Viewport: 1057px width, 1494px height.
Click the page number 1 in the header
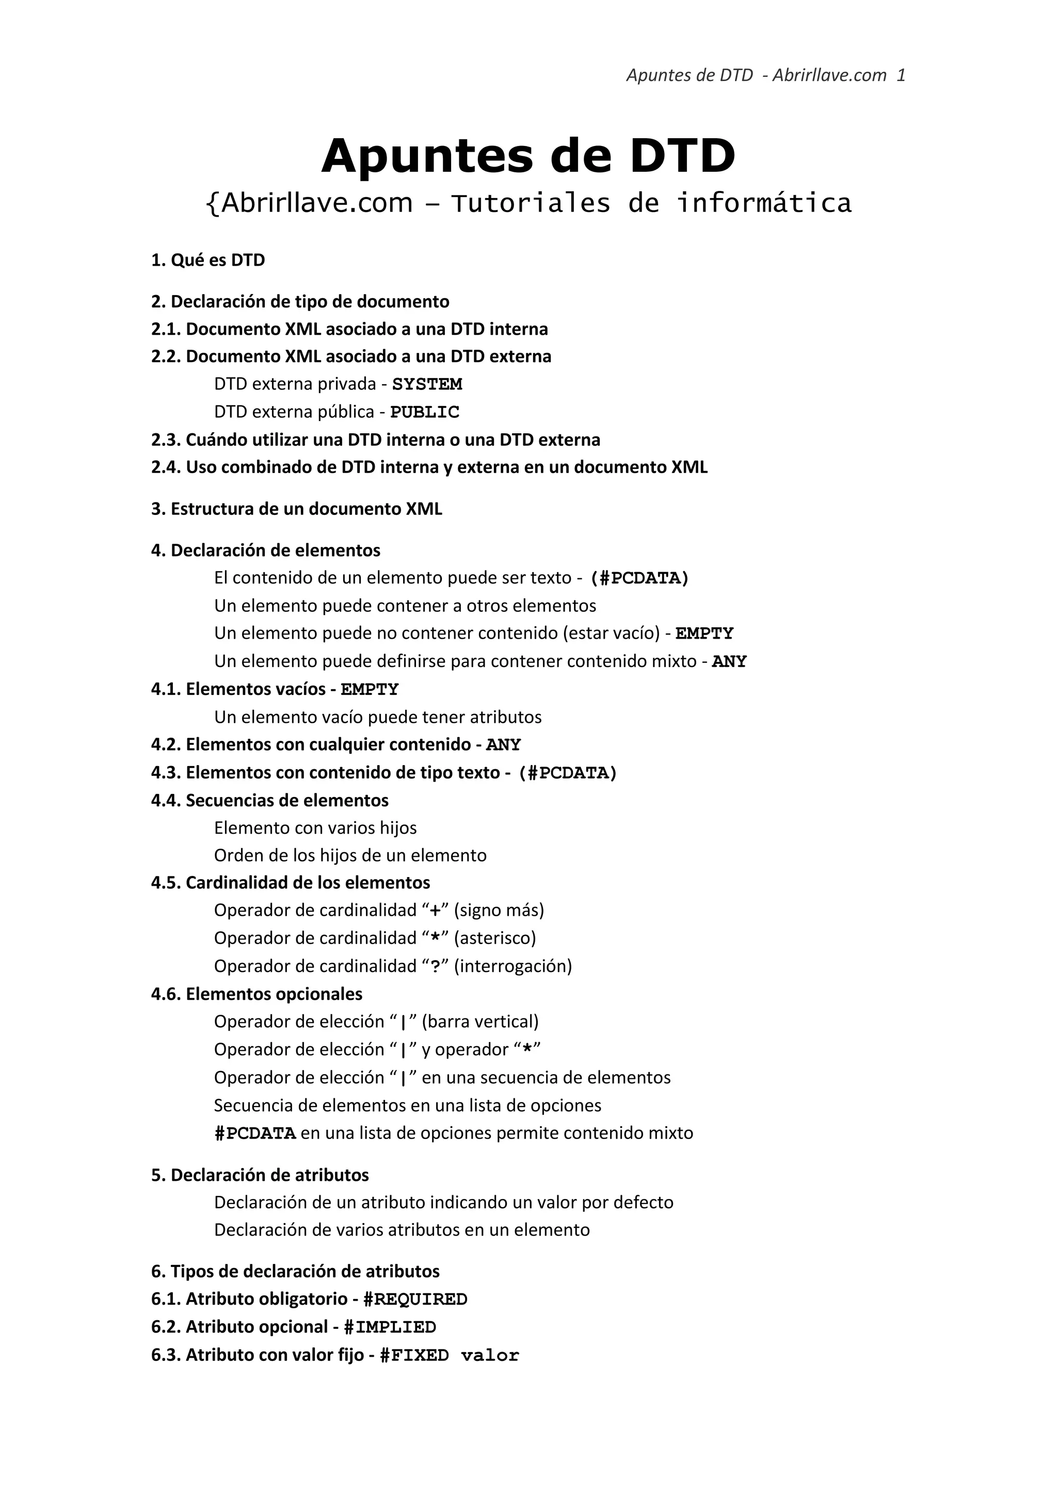click(901, 75)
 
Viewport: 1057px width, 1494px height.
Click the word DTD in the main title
click(683, 157)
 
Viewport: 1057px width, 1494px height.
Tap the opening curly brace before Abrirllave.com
click(212, 204)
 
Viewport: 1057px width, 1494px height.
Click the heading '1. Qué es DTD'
click(209, 261)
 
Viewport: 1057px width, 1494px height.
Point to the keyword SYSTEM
click(427, 384)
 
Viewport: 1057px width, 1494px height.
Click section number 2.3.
click(166, 440)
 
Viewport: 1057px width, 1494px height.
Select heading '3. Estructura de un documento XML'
click(296, 509)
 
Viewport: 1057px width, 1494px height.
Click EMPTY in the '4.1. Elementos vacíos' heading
click(370, 689)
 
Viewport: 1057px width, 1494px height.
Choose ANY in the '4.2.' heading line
click(503, 744)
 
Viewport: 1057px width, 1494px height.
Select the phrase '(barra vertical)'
click(481, 1021)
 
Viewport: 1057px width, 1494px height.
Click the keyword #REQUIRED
click(415, 1300)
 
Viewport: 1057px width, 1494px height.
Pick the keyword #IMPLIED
click(390, 1327)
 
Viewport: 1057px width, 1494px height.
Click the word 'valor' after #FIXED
click(490, 1355)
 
